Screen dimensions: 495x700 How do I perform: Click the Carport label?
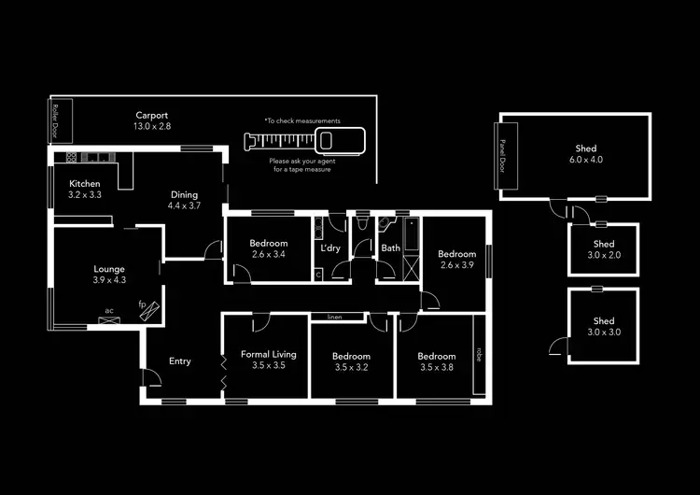[x=152, y=115]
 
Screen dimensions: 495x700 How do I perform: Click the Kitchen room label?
[x=85, y=184]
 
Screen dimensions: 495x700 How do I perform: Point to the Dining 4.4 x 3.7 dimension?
[x=184, y=205]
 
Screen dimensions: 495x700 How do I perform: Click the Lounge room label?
[x=108, y=269]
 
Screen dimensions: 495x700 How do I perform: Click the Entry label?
[x=180, y=361]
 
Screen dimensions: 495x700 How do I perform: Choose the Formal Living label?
[x=269, y=354]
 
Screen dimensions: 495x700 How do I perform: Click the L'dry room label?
[x=330, y=248]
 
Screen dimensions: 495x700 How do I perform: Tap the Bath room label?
[x=390, y=248]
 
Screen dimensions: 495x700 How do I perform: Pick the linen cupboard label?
[x=334, y=318]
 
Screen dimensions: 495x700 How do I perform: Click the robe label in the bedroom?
[x=480, y=354]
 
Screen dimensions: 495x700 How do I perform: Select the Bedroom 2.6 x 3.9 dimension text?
[x=457, y=265]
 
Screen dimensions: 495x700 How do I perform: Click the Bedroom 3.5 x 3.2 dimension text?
[x=351, y=367]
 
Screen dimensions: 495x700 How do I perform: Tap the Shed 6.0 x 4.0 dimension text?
[x=585, y=160]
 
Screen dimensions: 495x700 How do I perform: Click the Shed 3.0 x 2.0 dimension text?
[x=603, y=254]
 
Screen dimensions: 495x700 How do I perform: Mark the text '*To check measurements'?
[x=301, y=121]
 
